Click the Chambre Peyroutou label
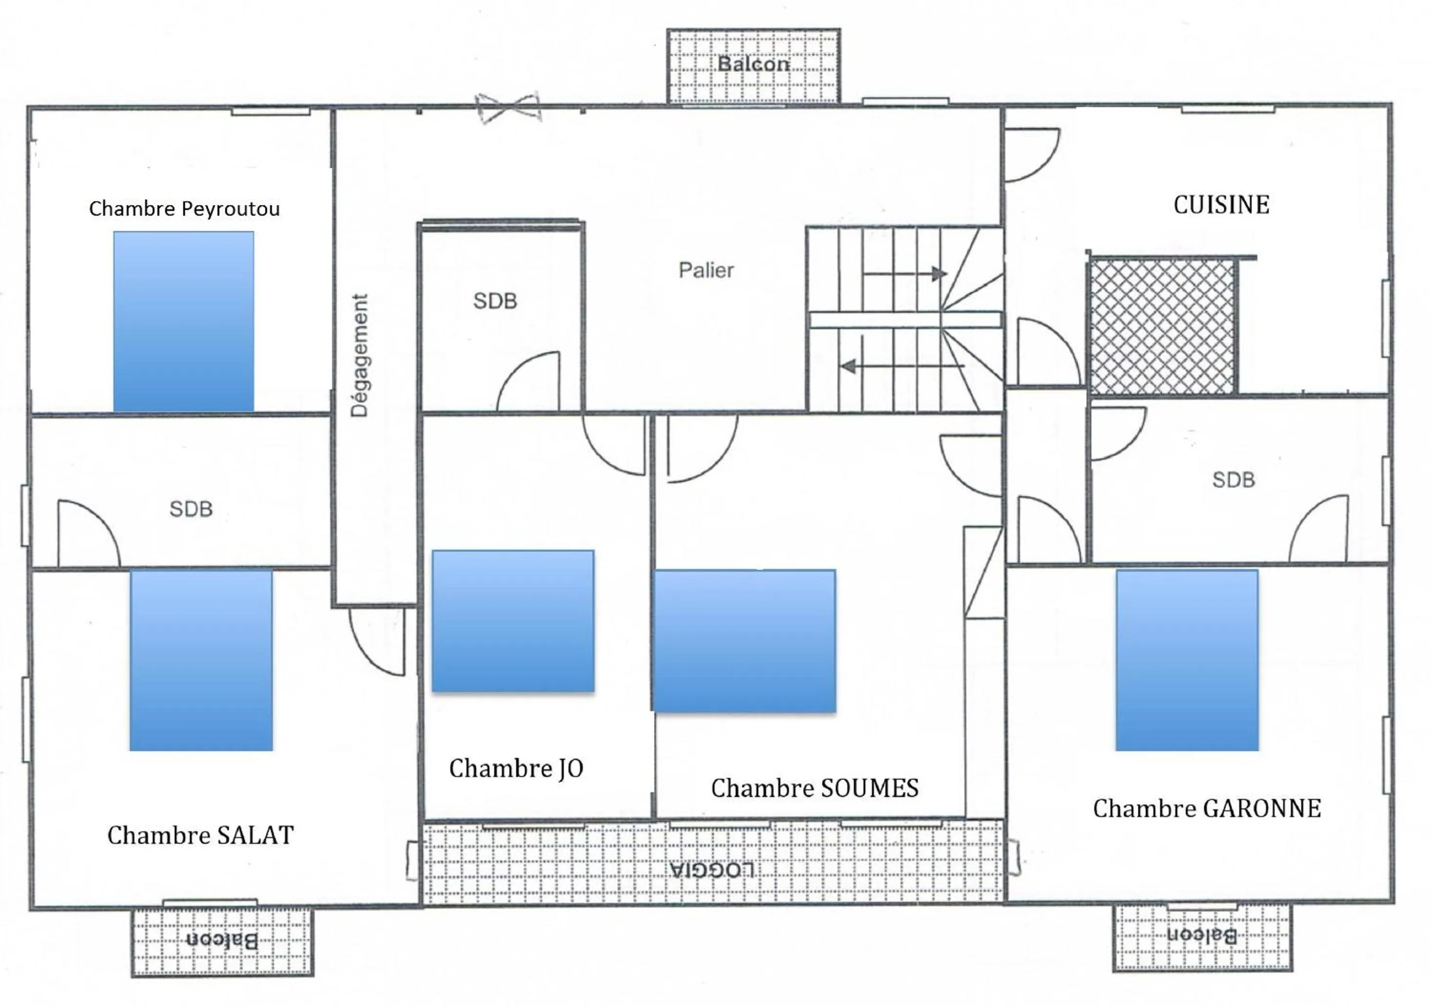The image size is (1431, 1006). click(x=184, y=208)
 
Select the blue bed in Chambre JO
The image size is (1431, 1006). click(x=513, y=620)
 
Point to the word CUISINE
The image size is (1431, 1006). click(x=1221, y=205)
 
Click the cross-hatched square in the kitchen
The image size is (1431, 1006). click(x=1162, y=326)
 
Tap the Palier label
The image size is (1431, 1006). click(x=705, y=270)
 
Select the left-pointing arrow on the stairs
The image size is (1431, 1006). click(x=901, y=366)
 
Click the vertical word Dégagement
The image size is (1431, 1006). click(x=360, y=355)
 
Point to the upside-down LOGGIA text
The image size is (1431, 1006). click(x=712, y=869)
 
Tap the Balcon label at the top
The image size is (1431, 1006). click(x=753, y=63)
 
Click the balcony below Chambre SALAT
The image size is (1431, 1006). click(x=222, y=941)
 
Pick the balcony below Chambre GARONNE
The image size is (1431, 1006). click(x=1202, y=936)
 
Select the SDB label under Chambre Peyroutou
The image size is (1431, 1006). click(x=191, y=509)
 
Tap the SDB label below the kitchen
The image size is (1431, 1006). click(x=1233, y=480)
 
